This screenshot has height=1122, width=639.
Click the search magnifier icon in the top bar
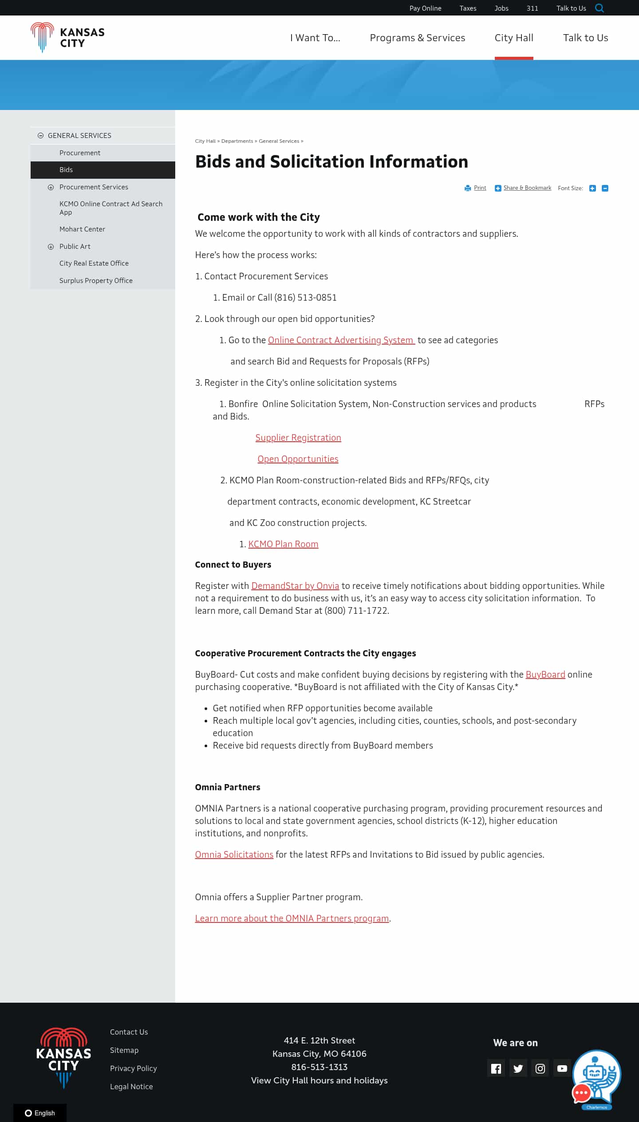click(600, 8)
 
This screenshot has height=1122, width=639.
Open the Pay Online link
click(425, 8)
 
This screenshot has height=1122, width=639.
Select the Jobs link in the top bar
click(501, 8)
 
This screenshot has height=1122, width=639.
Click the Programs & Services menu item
click(417, 38)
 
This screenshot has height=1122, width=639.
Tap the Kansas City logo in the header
click(67, 38)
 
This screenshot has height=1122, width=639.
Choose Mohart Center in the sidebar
click(82, 229)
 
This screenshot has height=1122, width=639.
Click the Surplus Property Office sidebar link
click(96, 281)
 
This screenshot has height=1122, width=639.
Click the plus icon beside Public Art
click(51, 247)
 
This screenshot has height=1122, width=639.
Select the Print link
click(480, 188)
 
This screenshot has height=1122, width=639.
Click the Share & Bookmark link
click(527, 188)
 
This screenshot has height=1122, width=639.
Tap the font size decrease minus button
click(605, 188)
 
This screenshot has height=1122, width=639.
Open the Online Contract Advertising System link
click(341, 340)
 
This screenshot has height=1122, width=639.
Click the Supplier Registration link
click(298, 438)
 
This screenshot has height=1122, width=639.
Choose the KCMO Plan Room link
click(283, 544)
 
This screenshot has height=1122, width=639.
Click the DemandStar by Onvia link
click(295, 586)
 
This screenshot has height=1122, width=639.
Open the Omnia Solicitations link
click(234, 855)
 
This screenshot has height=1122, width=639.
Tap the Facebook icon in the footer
click(496, 1068)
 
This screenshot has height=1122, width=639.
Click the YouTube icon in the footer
click(562, 1068)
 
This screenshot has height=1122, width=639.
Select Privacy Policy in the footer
click(134, 1068)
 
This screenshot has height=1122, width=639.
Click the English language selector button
click(40, 1113)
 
